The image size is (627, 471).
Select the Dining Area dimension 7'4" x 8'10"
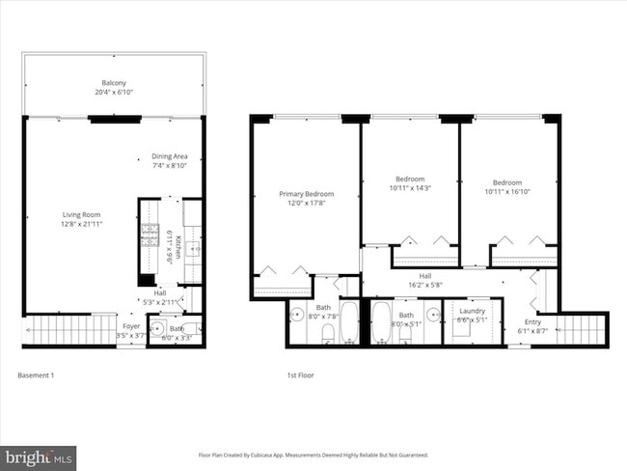(176, 166)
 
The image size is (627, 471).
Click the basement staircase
(63, 330)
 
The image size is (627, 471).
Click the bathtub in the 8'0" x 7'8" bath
(349, 322)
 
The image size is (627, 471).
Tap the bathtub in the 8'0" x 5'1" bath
(380, 322)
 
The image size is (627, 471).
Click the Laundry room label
(473, 311)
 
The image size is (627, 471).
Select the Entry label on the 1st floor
(532, 321)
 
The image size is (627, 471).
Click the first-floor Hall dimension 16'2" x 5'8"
(425, 285)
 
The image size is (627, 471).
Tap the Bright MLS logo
(39, 455)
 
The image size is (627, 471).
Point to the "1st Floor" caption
(300, 374)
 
